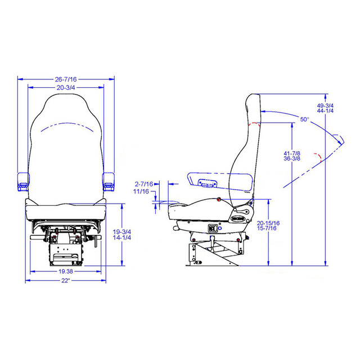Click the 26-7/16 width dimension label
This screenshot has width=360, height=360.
66,79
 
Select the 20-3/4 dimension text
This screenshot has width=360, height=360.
66,88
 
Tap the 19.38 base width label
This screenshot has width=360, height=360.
66,271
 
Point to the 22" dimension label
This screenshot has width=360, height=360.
65,281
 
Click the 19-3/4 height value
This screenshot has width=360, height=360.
122,232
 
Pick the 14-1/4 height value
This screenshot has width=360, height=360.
122,237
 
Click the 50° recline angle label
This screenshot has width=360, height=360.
305,119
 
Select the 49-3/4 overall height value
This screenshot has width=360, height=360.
325,106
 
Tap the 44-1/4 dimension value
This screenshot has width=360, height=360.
325,111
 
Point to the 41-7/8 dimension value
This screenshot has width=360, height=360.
292,154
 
